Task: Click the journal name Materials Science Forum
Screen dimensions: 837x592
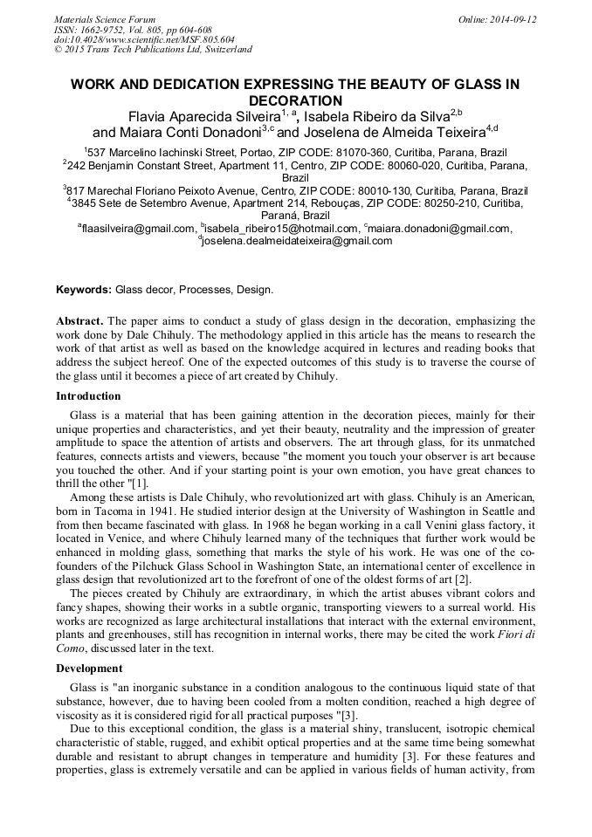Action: point(105,19)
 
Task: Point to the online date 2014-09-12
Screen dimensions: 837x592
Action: point(513,19)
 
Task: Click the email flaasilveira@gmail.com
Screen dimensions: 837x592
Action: point(138,229)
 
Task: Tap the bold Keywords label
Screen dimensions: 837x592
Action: point(84,289)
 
